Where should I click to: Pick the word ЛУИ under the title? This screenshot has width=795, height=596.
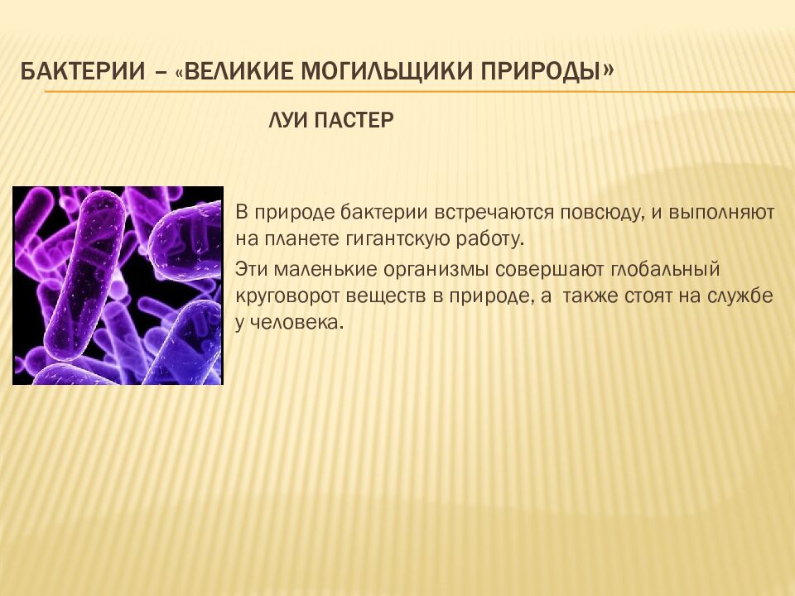(287, 121)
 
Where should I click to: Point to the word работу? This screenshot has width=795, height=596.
(487, 241)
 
